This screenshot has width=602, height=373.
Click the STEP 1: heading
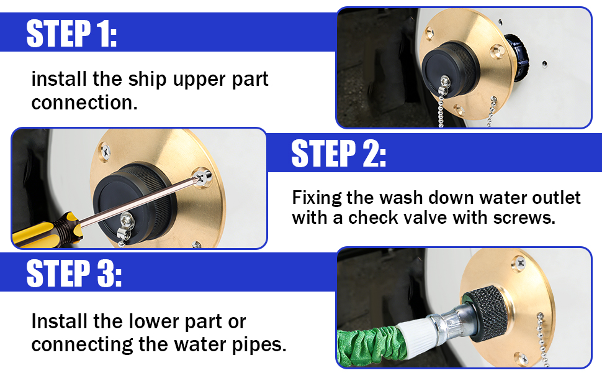71,34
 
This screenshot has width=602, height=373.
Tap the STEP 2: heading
339,154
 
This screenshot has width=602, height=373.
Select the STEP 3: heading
74,273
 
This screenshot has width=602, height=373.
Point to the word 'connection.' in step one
84,103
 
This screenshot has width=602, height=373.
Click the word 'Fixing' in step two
317,198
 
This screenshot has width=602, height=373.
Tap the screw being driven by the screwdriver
203,177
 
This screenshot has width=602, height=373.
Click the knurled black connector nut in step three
485,314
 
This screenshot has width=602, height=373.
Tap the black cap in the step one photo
449,69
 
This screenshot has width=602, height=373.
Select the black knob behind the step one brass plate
517,58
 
